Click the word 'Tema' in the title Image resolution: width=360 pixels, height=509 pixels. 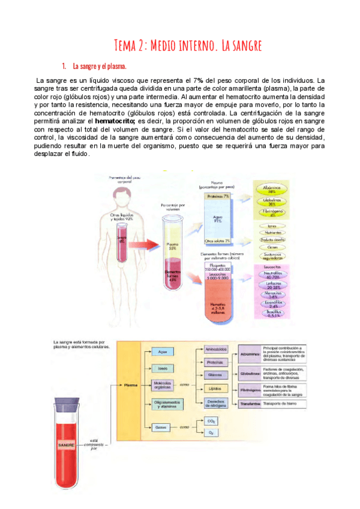127,45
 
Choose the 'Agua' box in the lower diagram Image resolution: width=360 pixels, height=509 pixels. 161,351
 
